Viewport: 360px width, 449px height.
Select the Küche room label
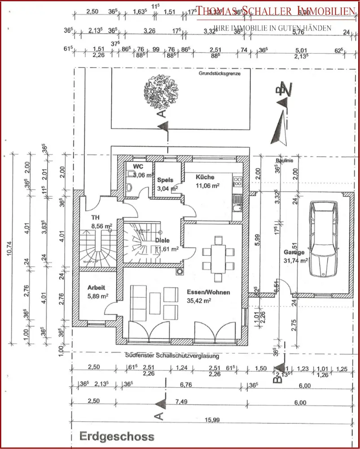click(205, 177)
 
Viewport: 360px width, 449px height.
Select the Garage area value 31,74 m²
click(295, 260)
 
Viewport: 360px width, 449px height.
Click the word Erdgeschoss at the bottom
click(117, 436)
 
